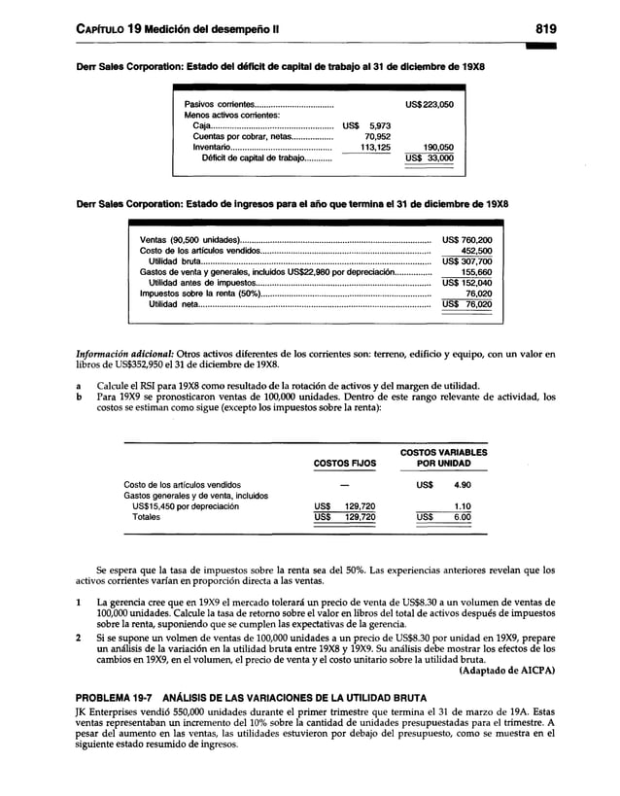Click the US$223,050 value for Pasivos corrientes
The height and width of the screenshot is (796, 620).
coord(429,104)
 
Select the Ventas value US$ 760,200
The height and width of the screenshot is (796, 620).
coord(465,239)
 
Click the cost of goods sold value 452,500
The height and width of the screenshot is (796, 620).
coord(474,250)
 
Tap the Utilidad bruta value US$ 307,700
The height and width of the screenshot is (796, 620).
coord(465,260)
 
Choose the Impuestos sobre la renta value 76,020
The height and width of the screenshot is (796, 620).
coord(477,293)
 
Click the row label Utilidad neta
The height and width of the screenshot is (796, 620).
coord(174,303)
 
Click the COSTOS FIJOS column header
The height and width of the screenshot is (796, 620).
coord(343,464)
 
